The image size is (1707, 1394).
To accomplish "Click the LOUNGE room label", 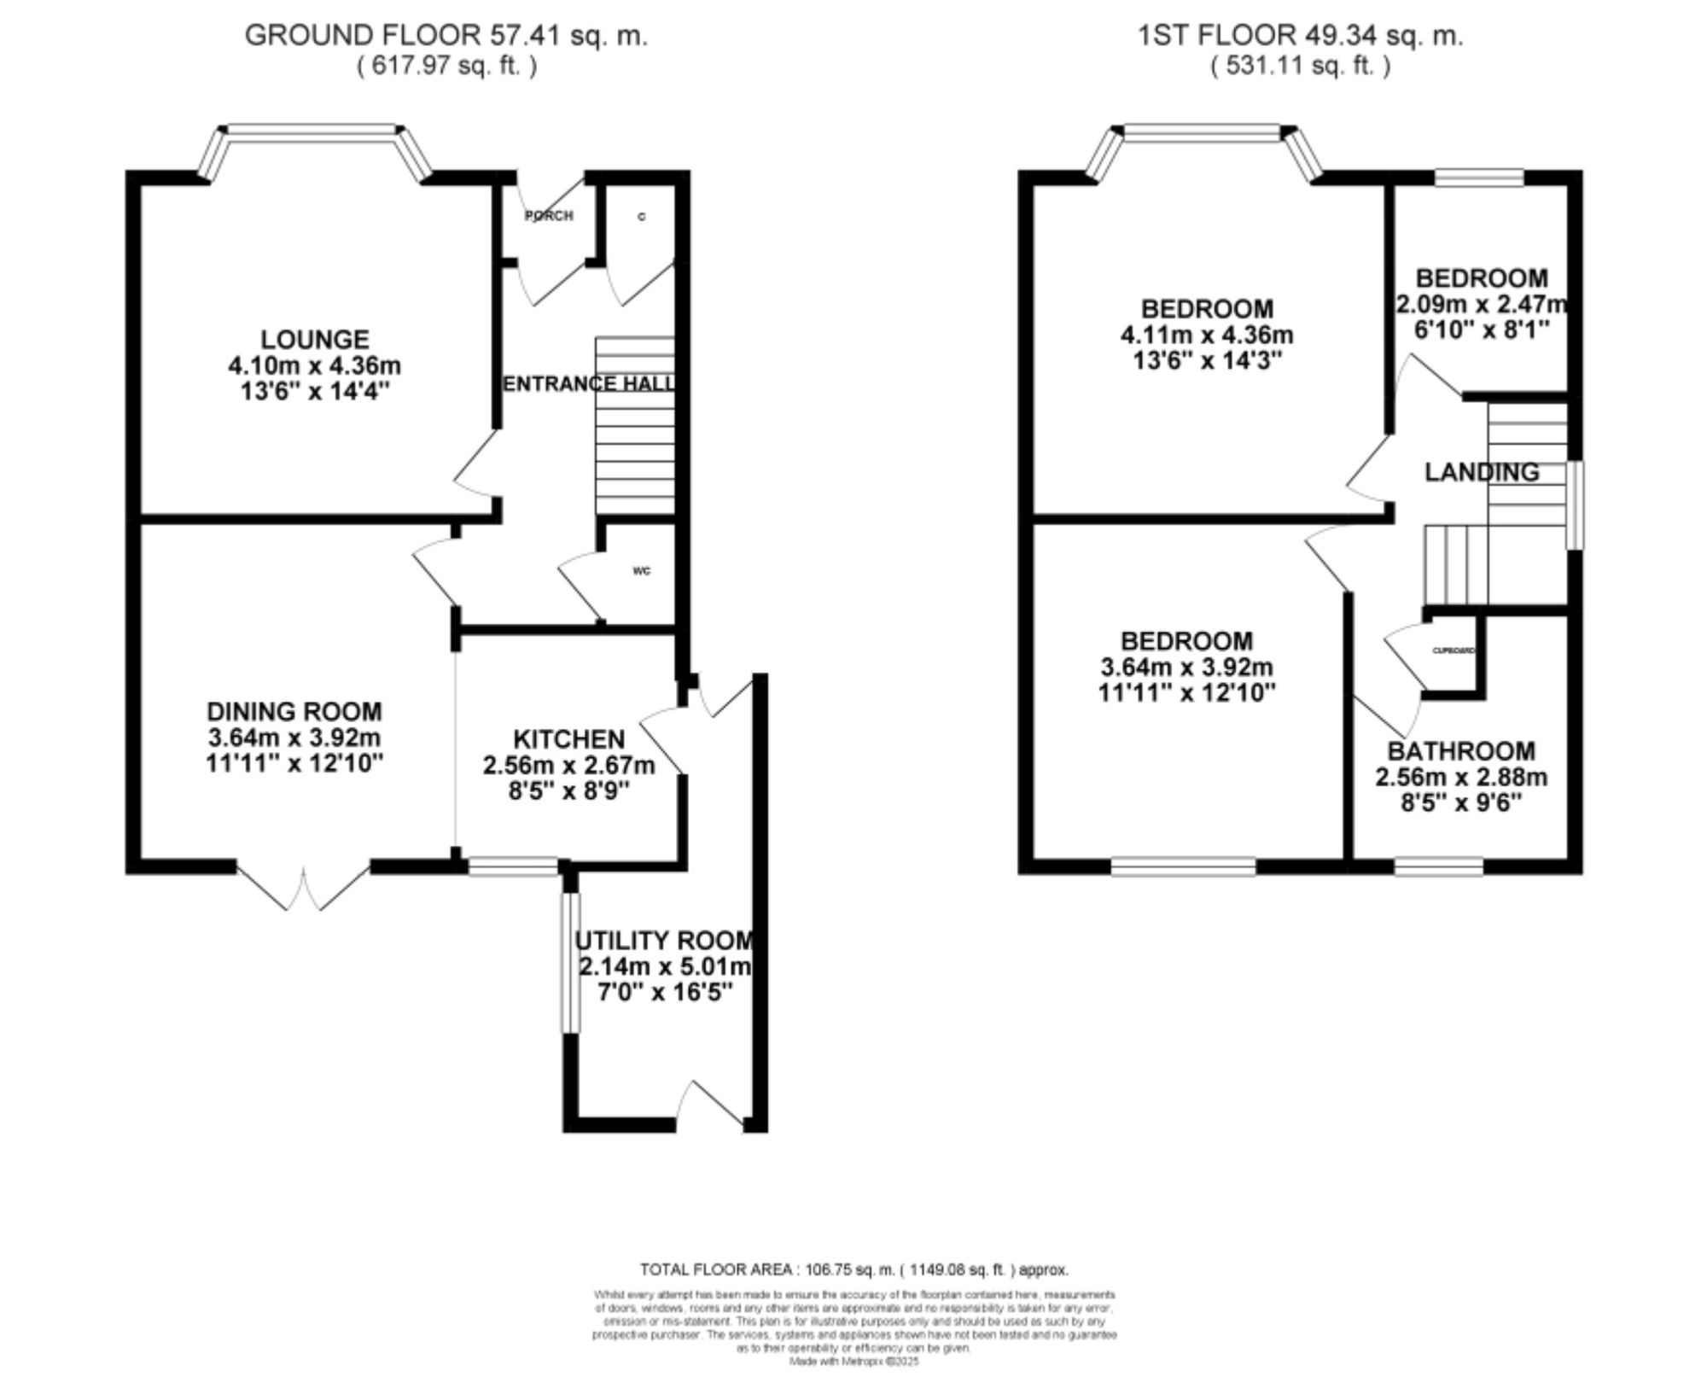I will (314, 339).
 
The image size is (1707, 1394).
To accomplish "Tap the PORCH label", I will (548, 216).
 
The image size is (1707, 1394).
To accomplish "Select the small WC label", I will (642, 571).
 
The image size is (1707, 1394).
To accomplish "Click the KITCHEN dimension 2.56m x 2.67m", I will (568, 766).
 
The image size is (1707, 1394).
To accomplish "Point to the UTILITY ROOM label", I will (664, 941).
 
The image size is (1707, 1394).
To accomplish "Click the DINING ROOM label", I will (294, 711).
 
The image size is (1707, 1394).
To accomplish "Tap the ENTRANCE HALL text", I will (589, 384).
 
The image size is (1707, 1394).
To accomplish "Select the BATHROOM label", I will (1461, 751).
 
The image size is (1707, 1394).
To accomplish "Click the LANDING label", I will (1482, 472).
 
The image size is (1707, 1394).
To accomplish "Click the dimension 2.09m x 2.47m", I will (1482, 305).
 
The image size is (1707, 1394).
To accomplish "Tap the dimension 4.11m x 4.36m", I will (1207, 335).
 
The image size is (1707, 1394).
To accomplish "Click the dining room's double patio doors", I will (304, 888).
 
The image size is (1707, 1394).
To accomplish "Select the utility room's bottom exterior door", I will (710, 1106).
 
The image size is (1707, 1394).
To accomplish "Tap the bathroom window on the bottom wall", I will (1439, 868).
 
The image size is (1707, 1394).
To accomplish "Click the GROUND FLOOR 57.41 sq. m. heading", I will (446, 36).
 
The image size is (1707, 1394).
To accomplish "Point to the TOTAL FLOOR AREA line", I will (853, 1269).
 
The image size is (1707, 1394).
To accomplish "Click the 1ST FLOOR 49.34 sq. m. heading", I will (1300, 36).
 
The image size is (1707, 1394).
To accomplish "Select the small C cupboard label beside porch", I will (642, 217).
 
